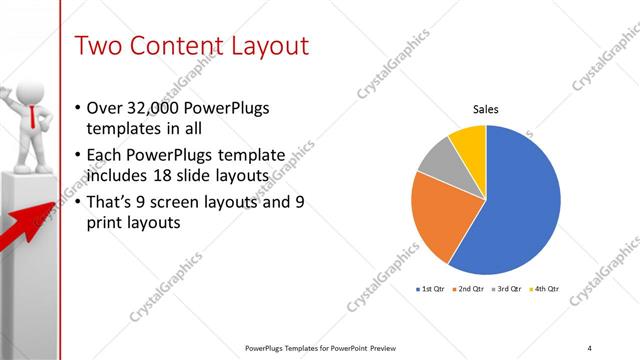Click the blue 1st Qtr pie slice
click(x=525, y=200)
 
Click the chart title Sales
click(x=485, y=109)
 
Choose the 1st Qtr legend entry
click(x=433, y=289)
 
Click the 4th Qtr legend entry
click(x=546, y=289)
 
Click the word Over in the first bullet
click(x=104, y=108)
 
